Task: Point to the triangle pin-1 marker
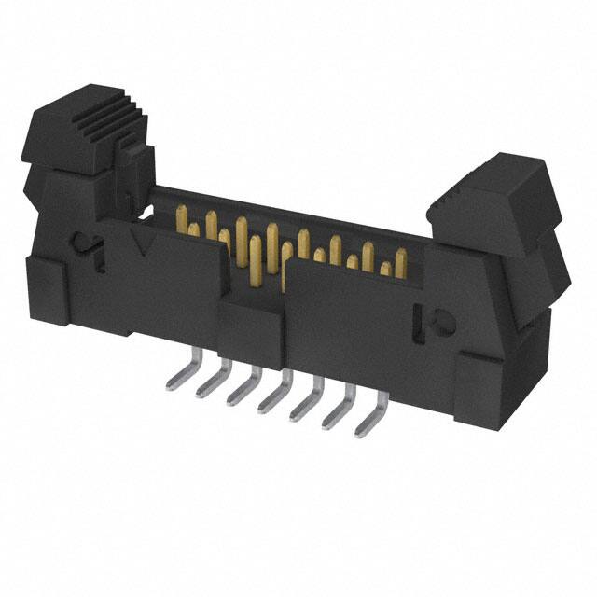(142, 244)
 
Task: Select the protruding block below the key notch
(250, 326)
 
